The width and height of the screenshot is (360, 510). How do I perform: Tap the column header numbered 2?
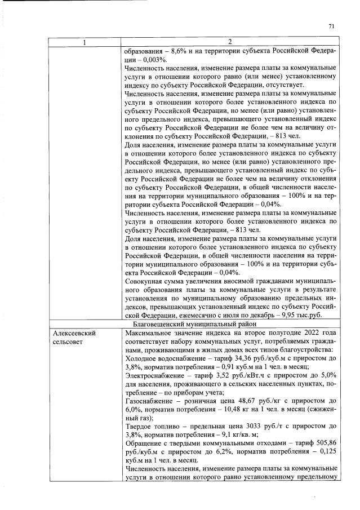pos(229,42)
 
